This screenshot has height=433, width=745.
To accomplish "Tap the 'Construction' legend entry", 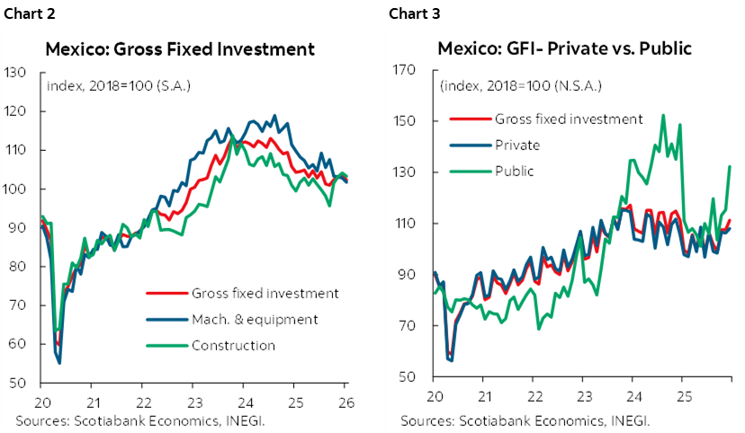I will pyautogui.click(x=233, y=345).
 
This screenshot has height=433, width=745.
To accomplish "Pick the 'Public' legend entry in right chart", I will pyautogui.click(x=515, y=171).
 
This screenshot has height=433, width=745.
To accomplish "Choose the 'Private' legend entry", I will pyautogui.click(x=517, y=145).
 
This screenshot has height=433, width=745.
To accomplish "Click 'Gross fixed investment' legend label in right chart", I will pyautogui.click(x=569, y=119).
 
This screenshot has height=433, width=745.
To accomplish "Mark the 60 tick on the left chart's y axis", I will pyautogui.click(x=15, y=344).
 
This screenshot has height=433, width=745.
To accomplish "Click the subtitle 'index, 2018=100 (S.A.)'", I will pyautogui.click(x=118, y=86).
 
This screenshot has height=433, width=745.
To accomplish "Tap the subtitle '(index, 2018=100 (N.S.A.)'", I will pyautogui.click(x=520, y=86).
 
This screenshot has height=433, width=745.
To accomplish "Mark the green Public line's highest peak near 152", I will pyautogui.click(x=663, y=115).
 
